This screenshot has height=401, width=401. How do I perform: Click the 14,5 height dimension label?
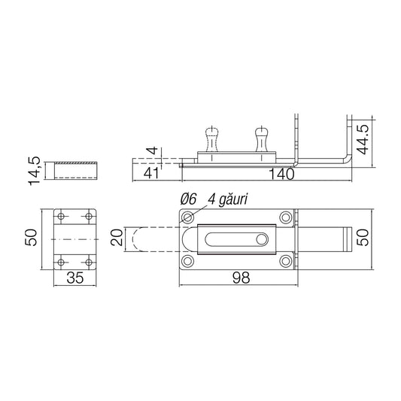coord(35,171)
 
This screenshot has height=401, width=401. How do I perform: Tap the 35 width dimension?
coord(75,278)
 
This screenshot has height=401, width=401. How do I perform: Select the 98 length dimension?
coord(241,278)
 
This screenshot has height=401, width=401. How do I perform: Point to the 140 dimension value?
coord(282,174)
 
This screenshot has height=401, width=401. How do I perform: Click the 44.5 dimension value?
coord(363,139)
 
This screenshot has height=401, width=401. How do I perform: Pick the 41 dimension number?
coord(151,173)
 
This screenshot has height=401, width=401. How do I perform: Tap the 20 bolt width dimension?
coord(117,238)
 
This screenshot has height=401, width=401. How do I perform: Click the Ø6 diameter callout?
coord(188,199)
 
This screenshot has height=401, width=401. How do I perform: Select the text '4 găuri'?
coord(228,199)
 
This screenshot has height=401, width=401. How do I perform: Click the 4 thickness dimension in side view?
coord(153,150)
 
